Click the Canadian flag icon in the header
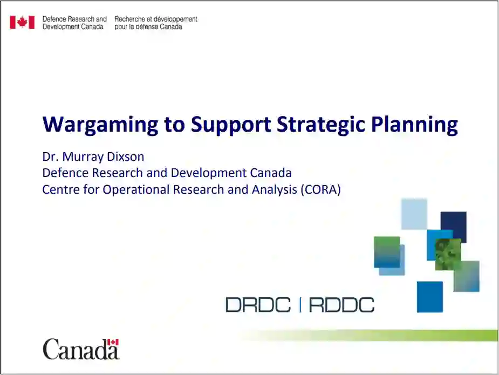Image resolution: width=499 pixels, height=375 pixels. [x=22, y=22]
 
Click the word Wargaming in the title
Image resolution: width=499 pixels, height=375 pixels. [x=100, y=125]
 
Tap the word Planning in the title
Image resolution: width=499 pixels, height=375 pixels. [x=414, y=125]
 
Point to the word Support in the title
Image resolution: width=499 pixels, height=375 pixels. [x=231, y=125]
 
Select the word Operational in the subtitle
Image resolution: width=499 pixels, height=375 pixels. [x=136, y=190]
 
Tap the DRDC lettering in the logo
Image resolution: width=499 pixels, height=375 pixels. [x=258, y=305]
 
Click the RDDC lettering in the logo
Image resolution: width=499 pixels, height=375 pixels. [x=341, y=305]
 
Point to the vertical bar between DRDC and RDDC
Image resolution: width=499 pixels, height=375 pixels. [x=300, y=305]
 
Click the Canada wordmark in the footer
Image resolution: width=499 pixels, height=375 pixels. [x=81, y=349]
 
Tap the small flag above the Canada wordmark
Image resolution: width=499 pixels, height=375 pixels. [x=113, y=342]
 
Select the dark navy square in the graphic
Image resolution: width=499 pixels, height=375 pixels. [x=454, y=227]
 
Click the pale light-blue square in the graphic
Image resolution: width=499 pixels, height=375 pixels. [x=414, y=214]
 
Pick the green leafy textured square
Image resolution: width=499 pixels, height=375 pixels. [x=448, y=254]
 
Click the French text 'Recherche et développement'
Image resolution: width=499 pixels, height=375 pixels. [x=156, y=19]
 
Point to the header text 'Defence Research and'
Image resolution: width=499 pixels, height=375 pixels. [x=74, y=19]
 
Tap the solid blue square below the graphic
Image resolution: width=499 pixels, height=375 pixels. [x=429, y=297]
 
